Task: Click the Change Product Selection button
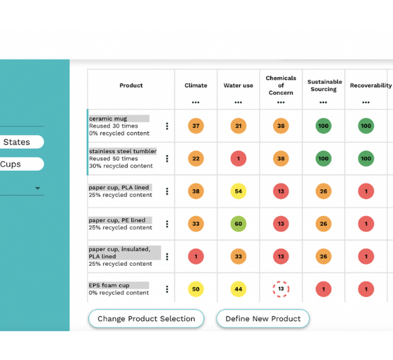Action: (146, 319)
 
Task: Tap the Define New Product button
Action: (263, 319)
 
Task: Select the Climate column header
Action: (196, 86)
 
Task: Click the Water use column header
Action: (238, 86)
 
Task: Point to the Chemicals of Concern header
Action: (281, 85)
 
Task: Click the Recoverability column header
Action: (370, 86)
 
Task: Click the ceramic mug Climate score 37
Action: (196, 126)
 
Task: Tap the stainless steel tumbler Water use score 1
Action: (238, 158)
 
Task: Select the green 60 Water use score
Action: (238, 224)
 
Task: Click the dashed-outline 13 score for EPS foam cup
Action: (281, 289)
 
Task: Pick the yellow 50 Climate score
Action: (196, 289)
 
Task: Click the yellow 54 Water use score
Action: (238, 191)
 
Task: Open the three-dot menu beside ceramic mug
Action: (167, 126)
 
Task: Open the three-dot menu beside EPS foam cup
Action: (167, 289)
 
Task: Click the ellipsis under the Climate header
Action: (196, 102)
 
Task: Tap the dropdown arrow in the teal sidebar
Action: (37, 189)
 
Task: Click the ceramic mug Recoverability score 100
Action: (366, 126)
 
